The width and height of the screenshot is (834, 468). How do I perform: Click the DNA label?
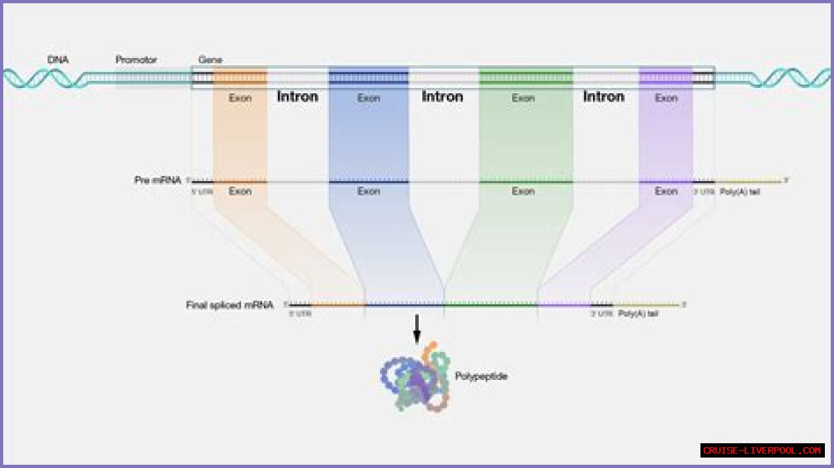[x=58, y=60]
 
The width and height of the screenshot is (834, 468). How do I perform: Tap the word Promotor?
[x=136, y=60]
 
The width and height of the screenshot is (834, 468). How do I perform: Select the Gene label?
[x=210, y=60]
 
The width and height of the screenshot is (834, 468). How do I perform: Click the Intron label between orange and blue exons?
[x=298, y=96]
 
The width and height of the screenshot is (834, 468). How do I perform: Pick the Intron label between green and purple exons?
[x=603, y=96]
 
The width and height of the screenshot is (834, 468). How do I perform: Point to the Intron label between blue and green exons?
[x=442, y=96]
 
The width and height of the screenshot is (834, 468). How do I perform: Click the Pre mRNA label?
[x=158, y=180]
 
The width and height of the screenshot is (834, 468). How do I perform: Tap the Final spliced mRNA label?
[x=229, y=304]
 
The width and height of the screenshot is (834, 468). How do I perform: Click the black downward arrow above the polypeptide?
[x=417, y=329]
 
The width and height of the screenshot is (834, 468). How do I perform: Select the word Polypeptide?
[x=481, y=376]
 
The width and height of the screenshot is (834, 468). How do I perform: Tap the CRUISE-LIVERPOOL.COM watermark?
[x=762, y=450]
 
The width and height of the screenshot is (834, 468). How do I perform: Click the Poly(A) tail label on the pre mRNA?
[x=740, y=192]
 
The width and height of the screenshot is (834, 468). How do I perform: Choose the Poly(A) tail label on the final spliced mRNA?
[x=638, y=314]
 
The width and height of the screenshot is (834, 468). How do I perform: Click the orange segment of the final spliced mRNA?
[x=338, y=304]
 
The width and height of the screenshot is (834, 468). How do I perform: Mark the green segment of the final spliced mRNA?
[x=491, y=304]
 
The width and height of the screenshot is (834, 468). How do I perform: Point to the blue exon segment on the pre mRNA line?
[x=369, y=182]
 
